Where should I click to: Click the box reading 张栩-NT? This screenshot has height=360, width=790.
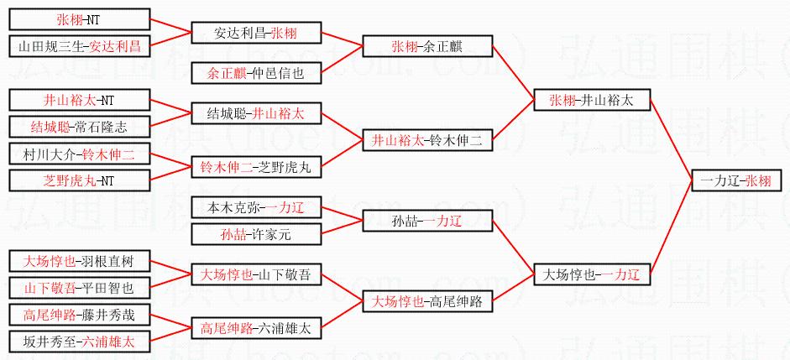[79, 19]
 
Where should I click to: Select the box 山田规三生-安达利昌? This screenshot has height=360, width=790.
[79, 46]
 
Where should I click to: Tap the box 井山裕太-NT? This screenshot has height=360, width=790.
[79, 100]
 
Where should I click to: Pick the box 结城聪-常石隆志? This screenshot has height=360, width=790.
[79, 127]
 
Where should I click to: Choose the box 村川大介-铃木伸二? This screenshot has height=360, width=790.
[79, 154]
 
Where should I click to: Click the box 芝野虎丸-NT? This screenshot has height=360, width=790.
[79, 180]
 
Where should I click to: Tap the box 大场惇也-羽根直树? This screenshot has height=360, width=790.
[79, 261]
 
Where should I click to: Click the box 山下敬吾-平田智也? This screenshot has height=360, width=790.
[79, 288]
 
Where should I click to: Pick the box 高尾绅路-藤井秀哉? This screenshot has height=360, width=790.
[79, 315]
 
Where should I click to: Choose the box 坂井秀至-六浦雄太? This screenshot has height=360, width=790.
[79, 342]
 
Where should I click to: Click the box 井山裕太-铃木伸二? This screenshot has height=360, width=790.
[426, 140]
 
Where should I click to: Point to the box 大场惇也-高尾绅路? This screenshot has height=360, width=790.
[426, 301]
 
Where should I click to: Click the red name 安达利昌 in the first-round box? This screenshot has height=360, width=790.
[115, 46]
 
